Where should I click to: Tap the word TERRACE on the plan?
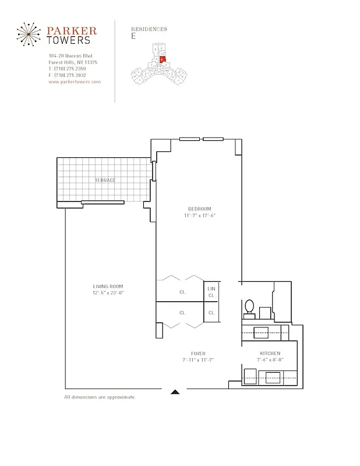pos(105,181)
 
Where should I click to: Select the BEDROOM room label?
pos(199,209)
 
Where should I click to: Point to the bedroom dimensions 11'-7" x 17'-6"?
pos(199,216)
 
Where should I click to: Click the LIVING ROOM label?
pos(108,286)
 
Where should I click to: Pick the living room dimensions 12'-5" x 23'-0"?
pos(108,292)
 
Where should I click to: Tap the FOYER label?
pos(197,354)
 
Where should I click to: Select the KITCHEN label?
pos(270,354)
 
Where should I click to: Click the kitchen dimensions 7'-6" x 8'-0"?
pos(270,360)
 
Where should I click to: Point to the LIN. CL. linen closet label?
pos(212,292)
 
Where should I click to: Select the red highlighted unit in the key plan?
pos(163,59)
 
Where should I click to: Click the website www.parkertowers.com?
pos(75,82)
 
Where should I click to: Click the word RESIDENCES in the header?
pos(150,29)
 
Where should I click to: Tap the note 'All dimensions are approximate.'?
pos(100,397)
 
